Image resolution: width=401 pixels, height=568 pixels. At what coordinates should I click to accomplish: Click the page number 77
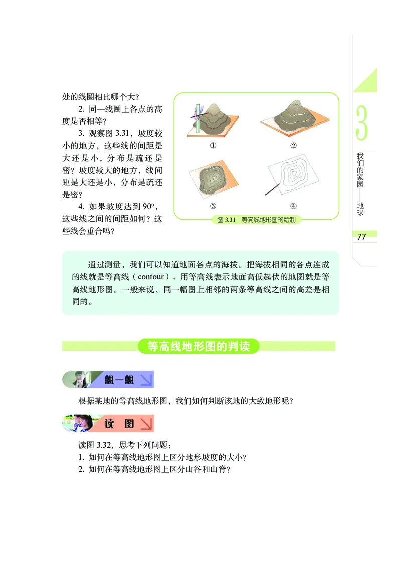point(362,237)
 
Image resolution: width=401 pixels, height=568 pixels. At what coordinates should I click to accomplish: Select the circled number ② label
point(294,146)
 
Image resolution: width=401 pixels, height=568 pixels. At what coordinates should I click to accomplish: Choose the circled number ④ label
point(294,206)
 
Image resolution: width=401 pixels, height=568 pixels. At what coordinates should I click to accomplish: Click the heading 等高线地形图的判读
point(199,346)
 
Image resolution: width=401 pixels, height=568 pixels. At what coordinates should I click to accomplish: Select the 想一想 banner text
point(119,380)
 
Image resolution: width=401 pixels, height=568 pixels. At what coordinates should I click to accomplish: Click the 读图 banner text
point(119,423)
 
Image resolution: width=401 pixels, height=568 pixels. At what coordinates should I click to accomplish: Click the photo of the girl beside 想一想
point(80,380)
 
